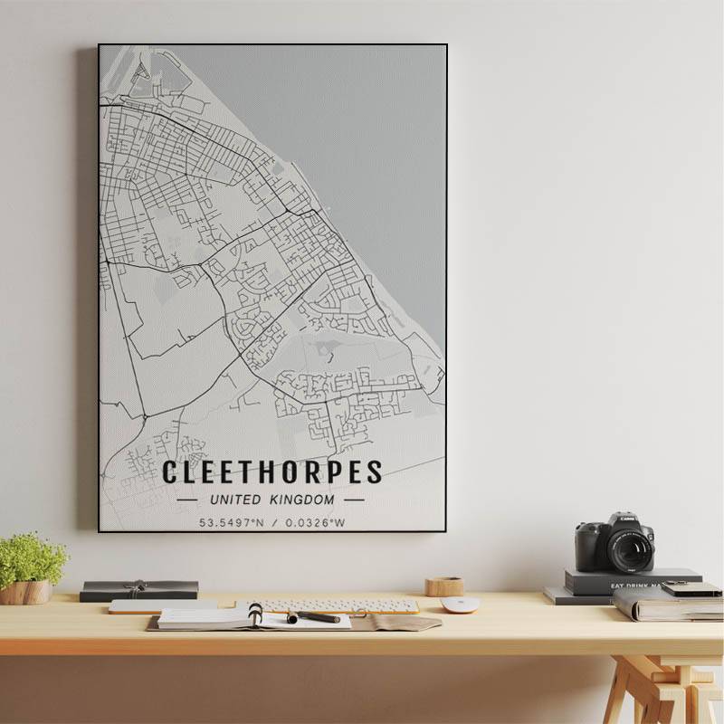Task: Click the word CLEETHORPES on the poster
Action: [x=271, y=472]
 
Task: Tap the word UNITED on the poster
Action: [x=235, y=500]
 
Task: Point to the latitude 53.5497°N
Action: [x=233, y=522]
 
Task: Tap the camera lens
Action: [x=630, y=548]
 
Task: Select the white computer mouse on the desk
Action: [x=459, y=605]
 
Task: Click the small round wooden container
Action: [x=444, y=586]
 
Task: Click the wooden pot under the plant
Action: [x=25, y=592]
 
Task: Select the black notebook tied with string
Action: [x=138, y=590]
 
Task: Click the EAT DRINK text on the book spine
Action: [x=633, y=586]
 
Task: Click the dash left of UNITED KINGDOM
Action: [x=187, y=500]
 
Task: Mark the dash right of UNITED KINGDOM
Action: [x=355, y=500]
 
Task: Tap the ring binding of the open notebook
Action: [x=256, y=615]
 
